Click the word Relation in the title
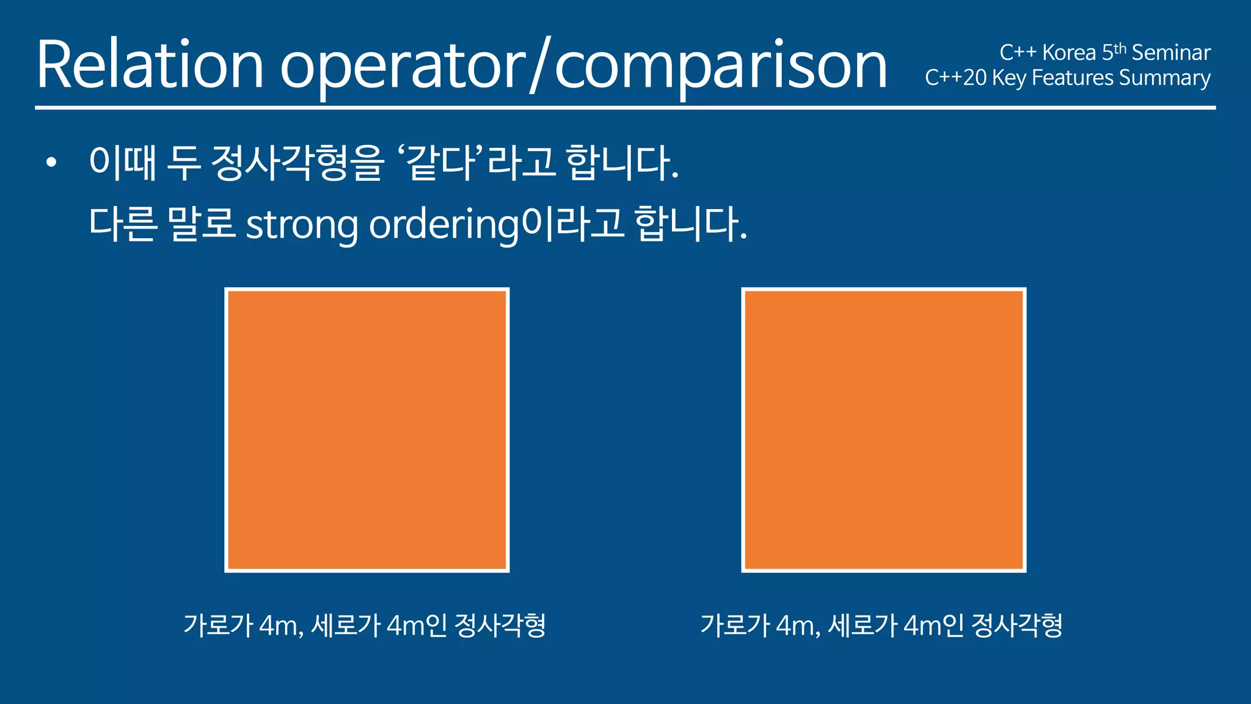click(x=150, y=65)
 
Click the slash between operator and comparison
click(x=540, y=65)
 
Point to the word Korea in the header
click(x=1069, y=53)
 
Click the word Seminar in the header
click(x=1171, y=53)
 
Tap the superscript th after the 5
click(x=1120, y=48)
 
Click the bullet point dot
click(x=51, y=163)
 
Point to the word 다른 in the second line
click(x=123, y=224)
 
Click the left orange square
click(x=367, y=430)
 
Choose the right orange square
click(x=884, y=430)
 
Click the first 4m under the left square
click(x=280, y=625)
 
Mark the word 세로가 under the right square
click(x=863, y=625)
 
